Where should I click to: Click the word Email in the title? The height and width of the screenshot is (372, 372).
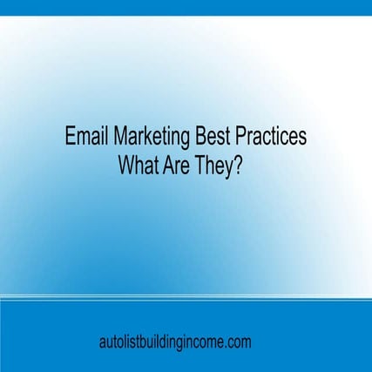(85, 137)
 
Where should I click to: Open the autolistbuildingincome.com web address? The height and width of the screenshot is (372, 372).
(175, 342)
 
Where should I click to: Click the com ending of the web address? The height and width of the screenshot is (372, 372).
(238, 342)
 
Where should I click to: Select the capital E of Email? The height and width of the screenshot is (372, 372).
(71, 137)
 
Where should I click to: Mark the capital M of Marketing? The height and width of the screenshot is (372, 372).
(117, 137)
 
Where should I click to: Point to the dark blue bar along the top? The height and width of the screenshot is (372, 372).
(186, 7)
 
